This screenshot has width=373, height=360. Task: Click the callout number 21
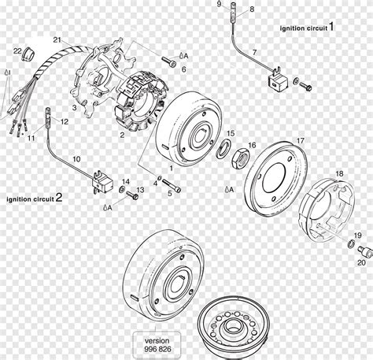pyautogui.click(x=57, y=39)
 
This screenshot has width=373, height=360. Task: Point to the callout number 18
pyautogui.click(x=339, y=173)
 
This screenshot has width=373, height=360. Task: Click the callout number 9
pyautogui.click(x=219, y=5)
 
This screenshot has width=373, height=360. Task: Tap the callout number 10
pyautogui.click(x=76, y=159)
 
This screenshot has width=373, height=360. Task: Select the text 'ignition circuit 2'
pyautogui.click(x=33, y=199)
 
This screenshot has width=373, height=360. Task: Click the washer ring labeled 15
pyautogui.click(x=224, y=150)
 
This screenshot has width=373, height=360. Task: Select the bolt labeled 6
pyautogui.click(x=168, y=60)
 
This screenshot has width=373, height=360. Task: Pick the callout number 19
pyautogui.click(x=357, y=236)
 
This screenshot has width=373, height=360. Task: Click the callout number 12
pyautogui.click(x=64, y=121)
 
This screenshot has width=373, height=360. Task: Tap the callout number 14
pyautogui.click(x=126, y=182)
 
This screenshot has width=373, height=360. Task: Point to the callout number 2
pyautogui.click(x=122, y=135)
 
